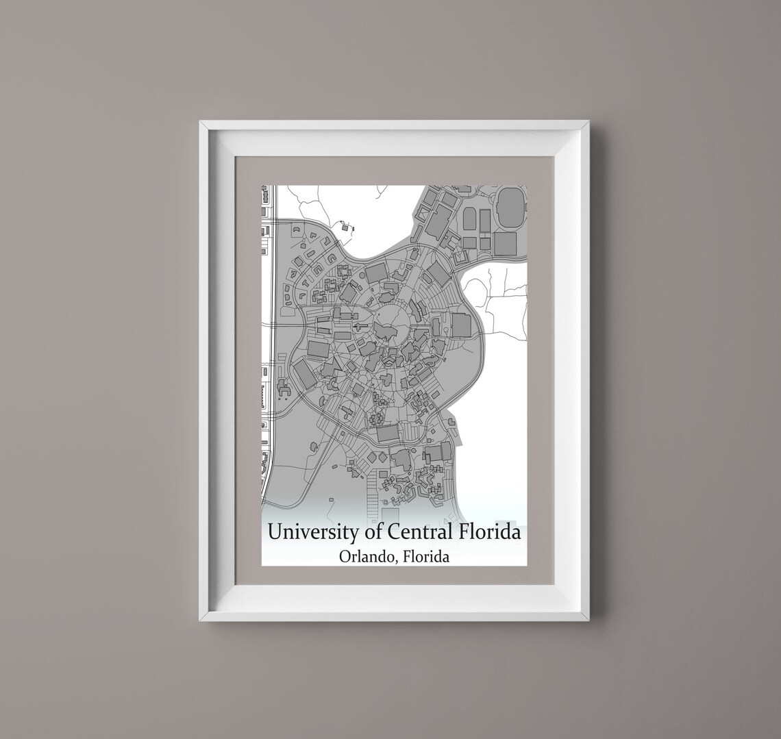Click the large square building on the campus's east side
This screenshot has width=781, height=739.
tap(461, 325)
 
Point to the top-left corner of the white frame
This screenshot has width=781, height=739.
tap(201, 123)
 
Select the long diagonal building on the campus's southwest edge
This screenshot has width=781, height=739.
tap(305, 374)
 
